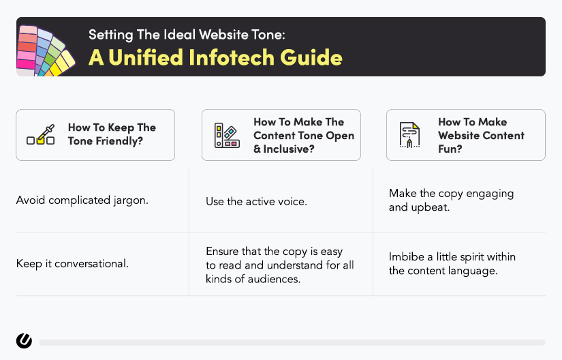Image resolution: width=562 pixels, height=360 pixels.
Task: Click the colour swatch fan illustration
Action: (46, 50)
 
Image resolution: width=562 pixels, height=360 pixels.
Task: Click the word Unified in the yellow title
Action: (146, 57)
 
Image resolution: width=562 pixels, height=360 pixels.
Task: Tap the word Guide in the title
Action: (311, 57)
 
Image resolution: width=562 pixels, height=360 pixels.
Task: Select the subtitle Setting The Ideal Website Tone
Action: (187, 35)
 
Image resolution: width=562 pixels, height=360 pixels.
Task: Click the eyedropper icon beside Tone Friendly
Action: (41, 134)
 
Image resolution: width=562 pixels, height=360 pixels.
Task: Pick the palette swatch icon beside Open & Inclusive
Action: (227, 135)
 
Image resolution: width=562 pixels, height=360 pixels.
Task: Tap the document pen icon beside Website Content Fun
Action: (409, 135)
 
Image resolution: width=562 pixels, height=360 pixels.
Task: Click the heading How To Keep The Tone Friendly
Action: (112, 134)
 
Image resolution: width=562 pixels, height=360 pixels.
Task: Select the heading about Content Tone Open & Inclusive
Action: (304, 135)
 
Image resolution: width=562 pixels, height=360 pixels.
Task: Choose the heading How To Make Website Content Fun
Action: (481, 135)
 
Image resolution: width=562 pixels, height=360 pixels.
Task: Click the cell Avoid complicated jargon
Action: (82, 200)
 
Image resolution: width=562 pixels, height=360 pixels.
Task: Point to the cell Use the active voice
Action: (256, 202)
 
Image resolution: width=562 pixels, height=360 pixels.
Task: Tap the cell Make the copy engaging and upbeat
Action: (451, 200)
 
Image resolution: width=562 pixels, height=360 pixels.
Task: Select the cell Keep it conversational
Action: (72, 264)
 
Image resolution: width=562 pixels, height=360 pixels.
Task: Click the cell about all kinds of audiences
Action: (279, 265)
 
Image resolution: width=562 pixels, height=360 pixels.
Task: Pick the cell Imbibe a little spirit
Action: (452, 264)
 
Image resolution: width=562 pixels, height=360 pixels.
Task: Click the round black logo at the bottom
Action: (24, 341)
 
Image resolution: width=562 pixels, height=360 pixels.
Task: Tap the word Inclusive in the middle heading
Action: (289, 149)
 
